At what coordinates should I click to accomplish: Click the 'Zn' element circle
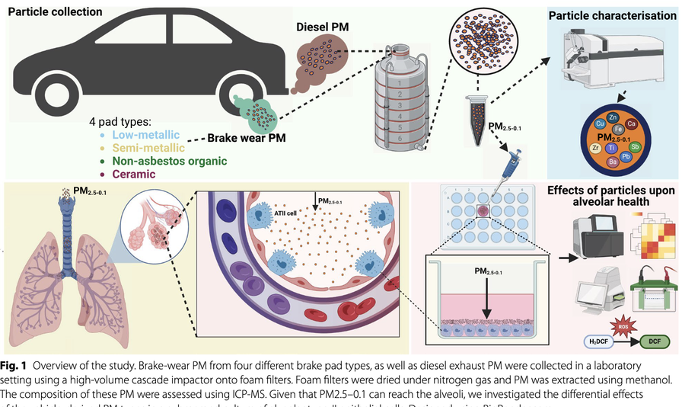tap(613, 115)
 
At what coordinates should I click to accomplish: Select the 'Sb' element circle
tap(636, 146)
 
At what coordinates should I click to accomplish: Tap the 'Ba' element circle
tap(612, 161)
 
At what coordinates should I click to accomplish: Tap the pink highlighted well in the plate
tap(482, 210)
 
